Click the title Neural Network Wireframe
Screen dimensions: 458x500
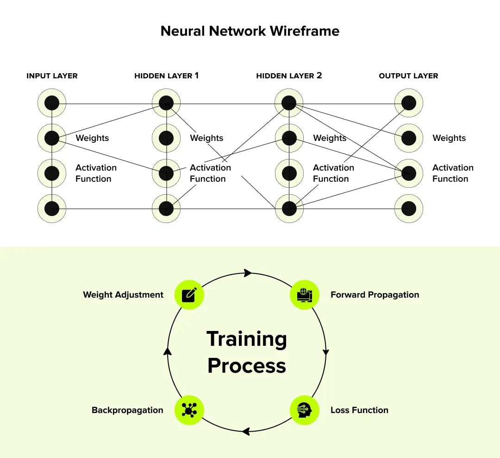click(x=250, y=31)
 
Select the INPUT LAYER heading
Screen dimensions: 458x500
click(x=52, y=76)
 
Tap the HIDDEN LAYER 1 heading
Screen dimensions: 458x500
click(x=166, y=76)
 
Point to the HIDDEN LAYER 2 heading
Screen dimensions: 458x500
click(x=289, y=76)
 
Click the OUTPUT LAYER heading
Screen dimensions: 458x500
click(x=408, y=76)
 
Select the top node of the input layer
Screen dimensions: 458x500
click(x=52, y=103)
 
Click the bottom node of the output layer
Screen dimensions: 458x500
click(x=409, y=209)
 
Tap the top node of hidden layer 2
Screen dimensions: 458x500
click(x=289, y=103)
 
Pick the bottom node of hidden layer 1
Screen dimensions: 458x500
click(x=166, y=209)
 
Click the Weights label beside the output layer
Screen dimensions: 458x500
click(x=449, y=138)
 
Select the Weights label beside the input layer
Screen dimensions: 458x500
click(x=92, y=138)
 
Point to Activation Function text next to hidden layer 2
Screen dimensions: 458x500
click(x=333, y=173)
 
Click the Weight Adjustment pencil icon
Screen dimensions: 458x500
click(x=189, y=295)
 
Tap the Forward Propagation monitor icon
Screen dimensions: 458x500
click(x=305, y=295)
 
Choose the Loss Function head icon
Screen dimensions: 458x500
click(x=305, y=410)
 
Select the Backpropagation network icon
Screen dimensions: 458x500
click(x=189, y=410)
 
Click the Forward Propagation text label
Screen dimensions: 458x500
click(x=375, y=295)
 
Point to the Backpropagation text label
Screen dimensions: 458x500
click(x=127, y=410)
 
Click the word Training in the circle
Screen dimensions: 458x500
click(x=247, y=339)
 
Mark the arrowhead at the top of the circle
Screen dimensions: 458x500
click(x=248, y=273)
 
